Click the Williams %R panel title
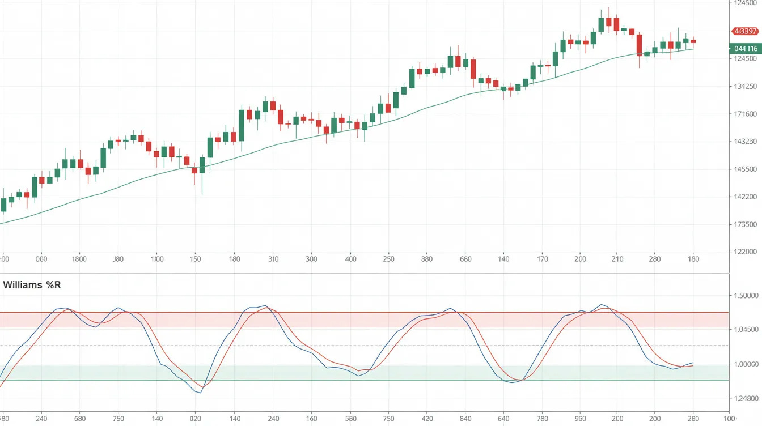click(32, 285)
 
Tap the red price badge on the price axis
click(745, 31)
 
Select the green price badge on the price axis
click(745, 49)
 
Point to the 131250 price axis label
click(745, 87)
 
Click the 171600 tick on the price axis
click(745, 114)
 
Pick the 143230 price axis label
click(745, 142)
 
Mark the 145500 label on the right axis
click(745, 169)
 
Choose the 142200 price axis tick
click(745, 197)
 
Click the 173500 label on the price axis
click(745, 225)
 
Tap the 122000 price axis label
click(745, 252)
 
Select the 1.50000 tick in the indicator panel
click(745, 296)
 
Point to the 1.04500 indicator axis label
click(745, 329)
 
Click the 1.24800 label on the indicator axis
click(745, 398)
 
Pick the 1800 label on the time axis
click(79, 259)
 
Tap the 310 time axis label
click(273, 259)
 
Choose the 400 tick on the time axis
click(350, 259)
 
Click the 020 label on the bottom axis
click(196, 419)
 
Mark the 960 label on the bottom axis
click(580, 419)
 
